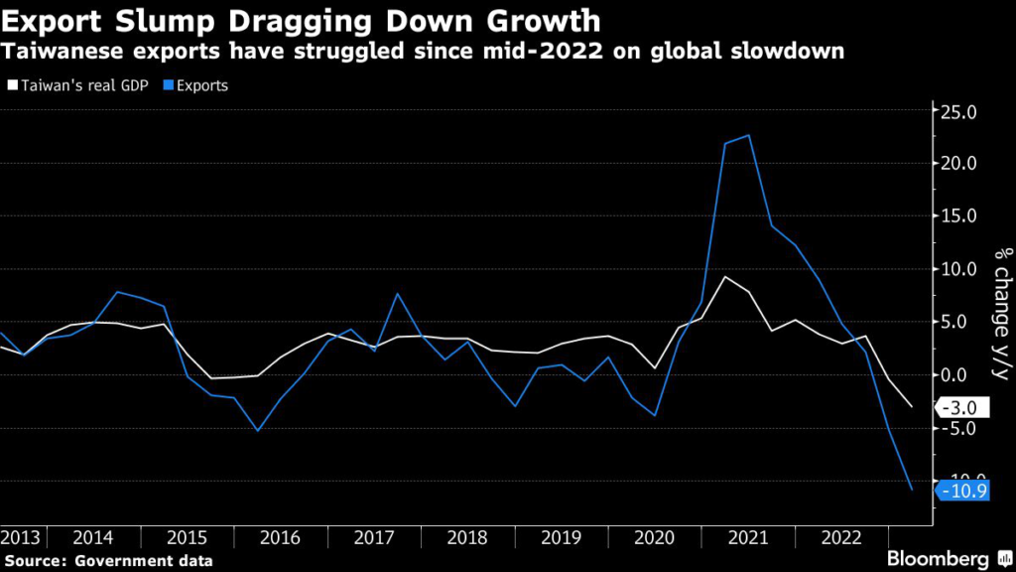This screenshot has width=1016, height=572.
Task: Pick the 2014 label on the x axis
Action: coord(92,536)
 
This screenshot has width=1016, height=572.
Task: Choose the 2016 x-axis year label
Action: coord(280,536)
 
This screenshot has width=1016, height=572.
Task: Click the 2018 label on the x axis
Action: coord(466,536)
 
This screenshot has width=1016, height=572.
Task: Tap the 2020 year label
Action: coord(653,536)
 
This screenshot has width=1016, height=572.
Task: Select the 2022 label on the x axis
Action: coord(840,536)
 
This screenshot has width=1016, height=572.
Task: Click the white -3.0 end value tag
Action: coord(961,407)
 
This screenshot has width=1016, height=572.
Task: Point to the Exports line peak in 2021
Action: coord(748,135)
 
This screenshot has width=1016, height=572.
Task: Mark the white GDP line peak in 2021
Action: coord(725,276)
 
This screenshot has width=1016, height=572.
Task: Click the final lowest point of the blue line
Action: coord(912,490)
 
